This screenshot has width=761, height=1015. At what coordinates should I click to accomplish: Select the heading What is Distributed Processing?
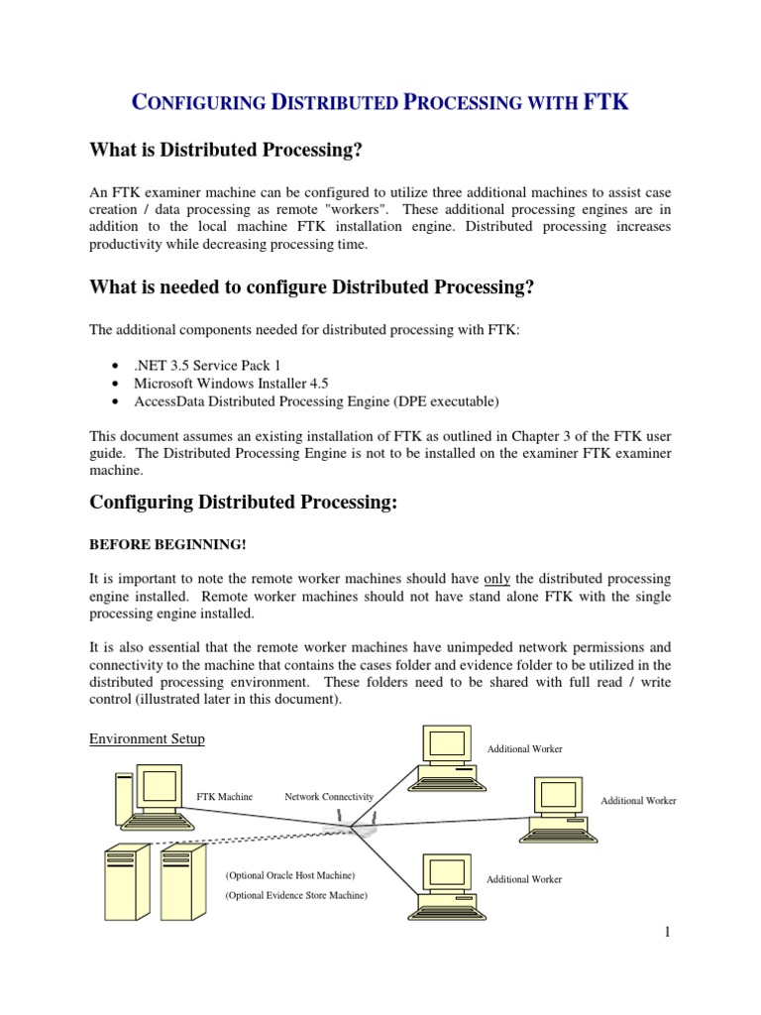click(226, 151)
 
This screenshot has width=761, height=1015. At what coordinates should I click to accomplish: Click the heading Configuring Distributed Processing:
click(243, 503)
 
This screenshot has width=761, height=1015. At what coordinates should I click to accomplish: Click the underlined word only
click(496, 578)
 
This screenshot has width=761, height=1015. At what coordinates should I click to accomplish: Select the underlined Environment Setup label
click(147, 739)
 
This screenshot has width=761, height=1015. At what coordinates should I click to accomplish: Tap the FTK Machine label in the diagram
click(225, 796)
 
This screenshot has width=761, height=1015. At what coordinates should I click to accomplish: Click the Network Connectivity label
click(329, 796)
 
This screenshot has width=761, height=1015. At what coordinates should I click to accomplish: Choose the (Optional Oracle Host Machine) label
click(289, 876)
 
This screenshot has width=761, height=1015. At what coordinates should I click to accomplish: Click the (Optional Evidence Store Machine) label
click(295, 895)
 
